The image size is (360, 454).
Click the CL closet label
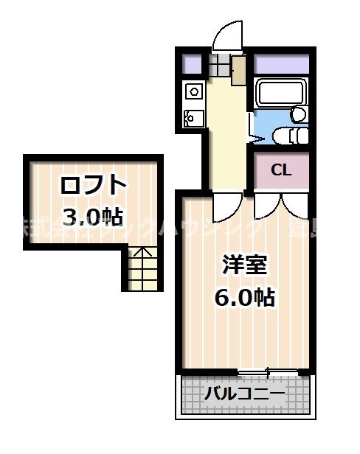[281, 170]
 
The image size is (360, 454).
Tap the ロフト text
[94, 184]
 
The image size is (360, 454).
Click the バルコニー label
[245, 394]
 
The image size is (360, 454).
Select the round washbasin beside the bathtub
[299, 114]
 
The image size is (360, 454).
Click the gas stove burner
[194, 91]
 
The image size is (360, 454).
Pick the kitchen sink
[193, 117]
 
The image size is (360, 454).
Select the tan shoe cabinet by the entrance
[238, 69]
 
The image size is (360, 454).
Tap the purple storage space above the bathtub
[281, 63]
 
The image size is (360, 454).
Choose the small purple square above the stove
[192, 63]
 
